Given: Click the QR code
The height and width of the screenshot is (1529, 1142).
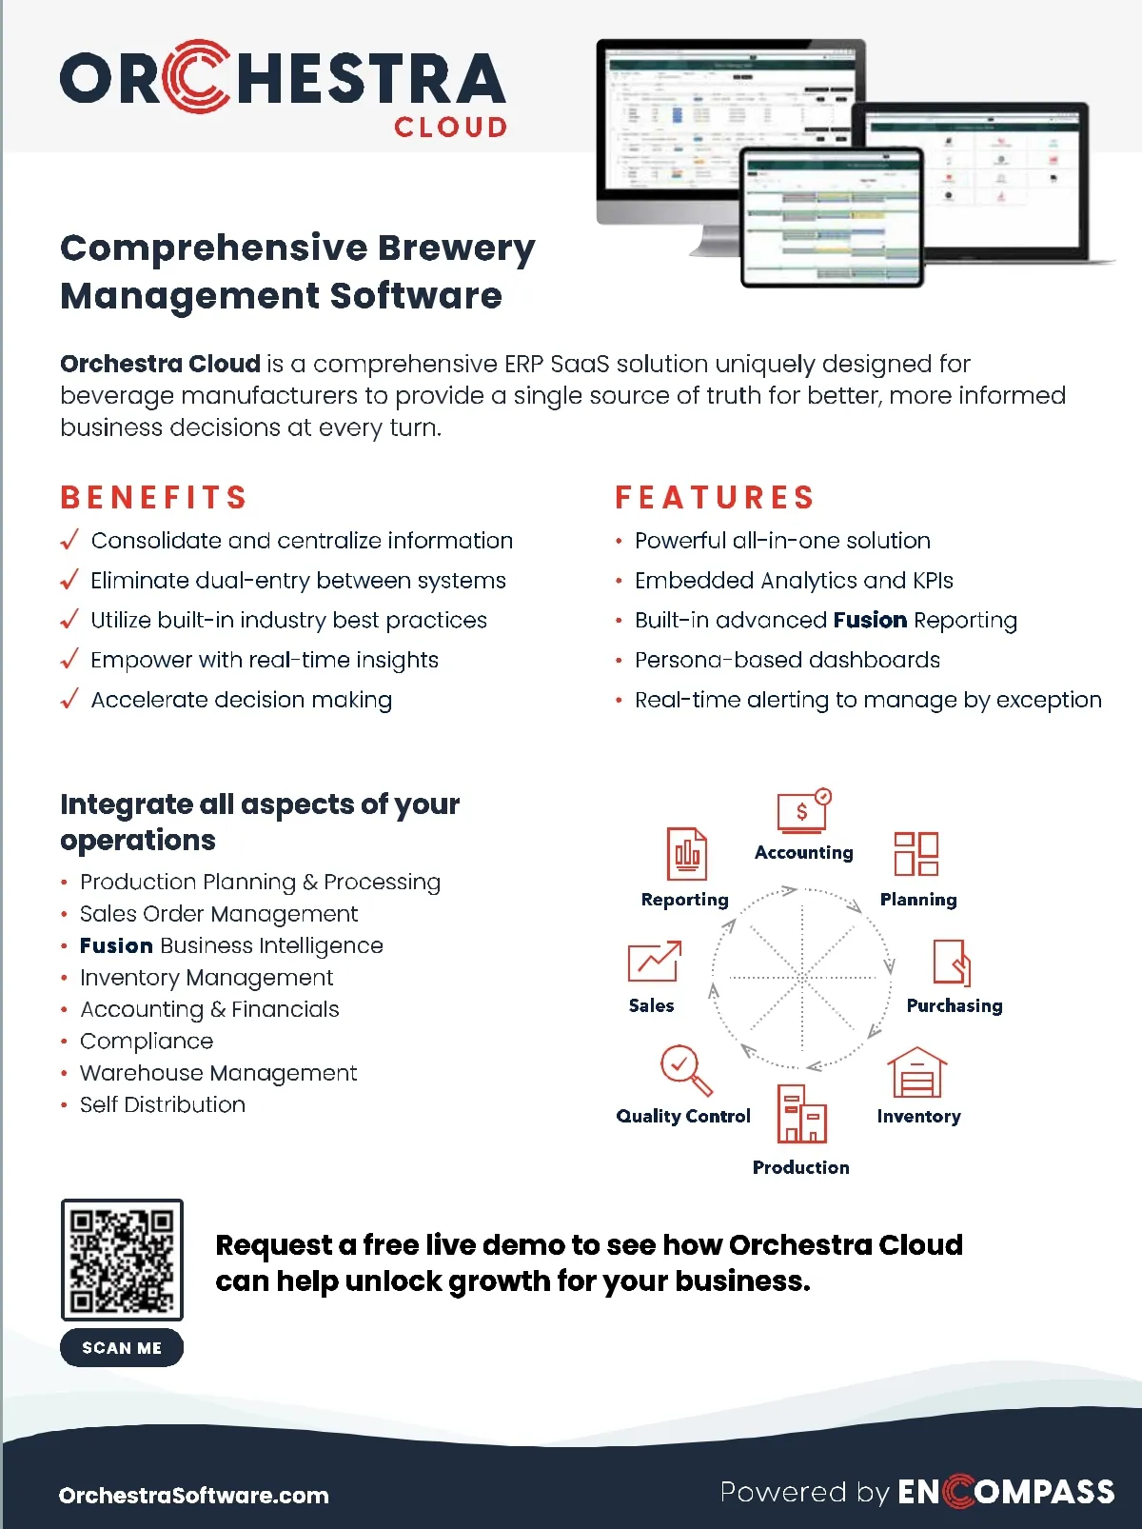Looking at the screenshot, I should coord(122,1260).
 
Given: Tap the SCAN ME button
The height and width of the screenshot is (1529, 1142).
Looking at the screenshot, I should coord(122,1348).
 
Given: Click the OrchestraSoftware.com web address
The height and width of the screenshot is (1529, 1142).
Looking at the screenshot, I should coord(194,1496).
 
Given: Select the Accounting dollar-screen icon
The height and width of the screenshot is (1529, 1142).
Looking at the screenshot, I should coord(803,811).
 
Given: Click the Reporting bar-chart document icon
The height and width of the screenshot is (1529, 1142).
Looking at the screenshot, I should coord(686,854).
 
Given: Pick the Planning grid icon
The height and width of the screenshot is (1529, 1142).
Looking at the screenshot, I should coord(916,853).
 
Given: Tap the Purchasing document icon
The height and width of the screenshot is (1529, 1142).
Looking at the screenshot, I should coord(952,963).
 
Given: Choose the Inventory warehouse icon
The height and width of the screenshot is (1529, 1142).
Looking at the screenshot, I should coord(917,1073).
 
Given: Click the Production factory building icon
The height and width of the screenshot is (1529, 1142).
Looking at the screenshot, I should coord(801,1114).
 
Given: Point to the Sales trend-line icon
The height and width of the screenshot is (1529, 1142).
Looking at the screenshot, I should coord(654,962).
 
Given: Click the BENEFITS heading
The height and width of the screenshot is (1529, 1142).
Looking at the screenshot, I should coord(154,497).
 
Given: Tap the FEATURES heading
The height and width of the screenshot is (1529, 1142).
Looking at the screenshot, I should coord(715,497).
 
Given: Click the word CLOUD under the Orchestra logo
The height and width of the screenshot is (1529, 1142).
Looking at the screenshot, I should coord(451,128).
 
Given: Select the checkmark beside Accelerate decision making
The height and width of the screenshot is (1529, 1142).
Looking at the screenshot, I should coord(69,700).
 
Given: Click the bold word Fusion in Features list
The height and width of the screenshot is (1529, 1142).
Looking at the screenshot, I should coord(870,621).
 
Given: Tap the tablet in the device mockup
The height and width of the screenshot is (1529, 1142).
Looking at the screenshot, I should coord(832,218).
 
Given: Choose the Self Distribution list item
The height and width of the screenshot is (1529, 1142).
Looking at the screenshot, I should coord(163,1105).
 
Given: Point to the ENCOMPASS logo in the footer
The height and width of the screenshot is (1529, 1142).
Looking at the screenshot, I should coord(1006,1492).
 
